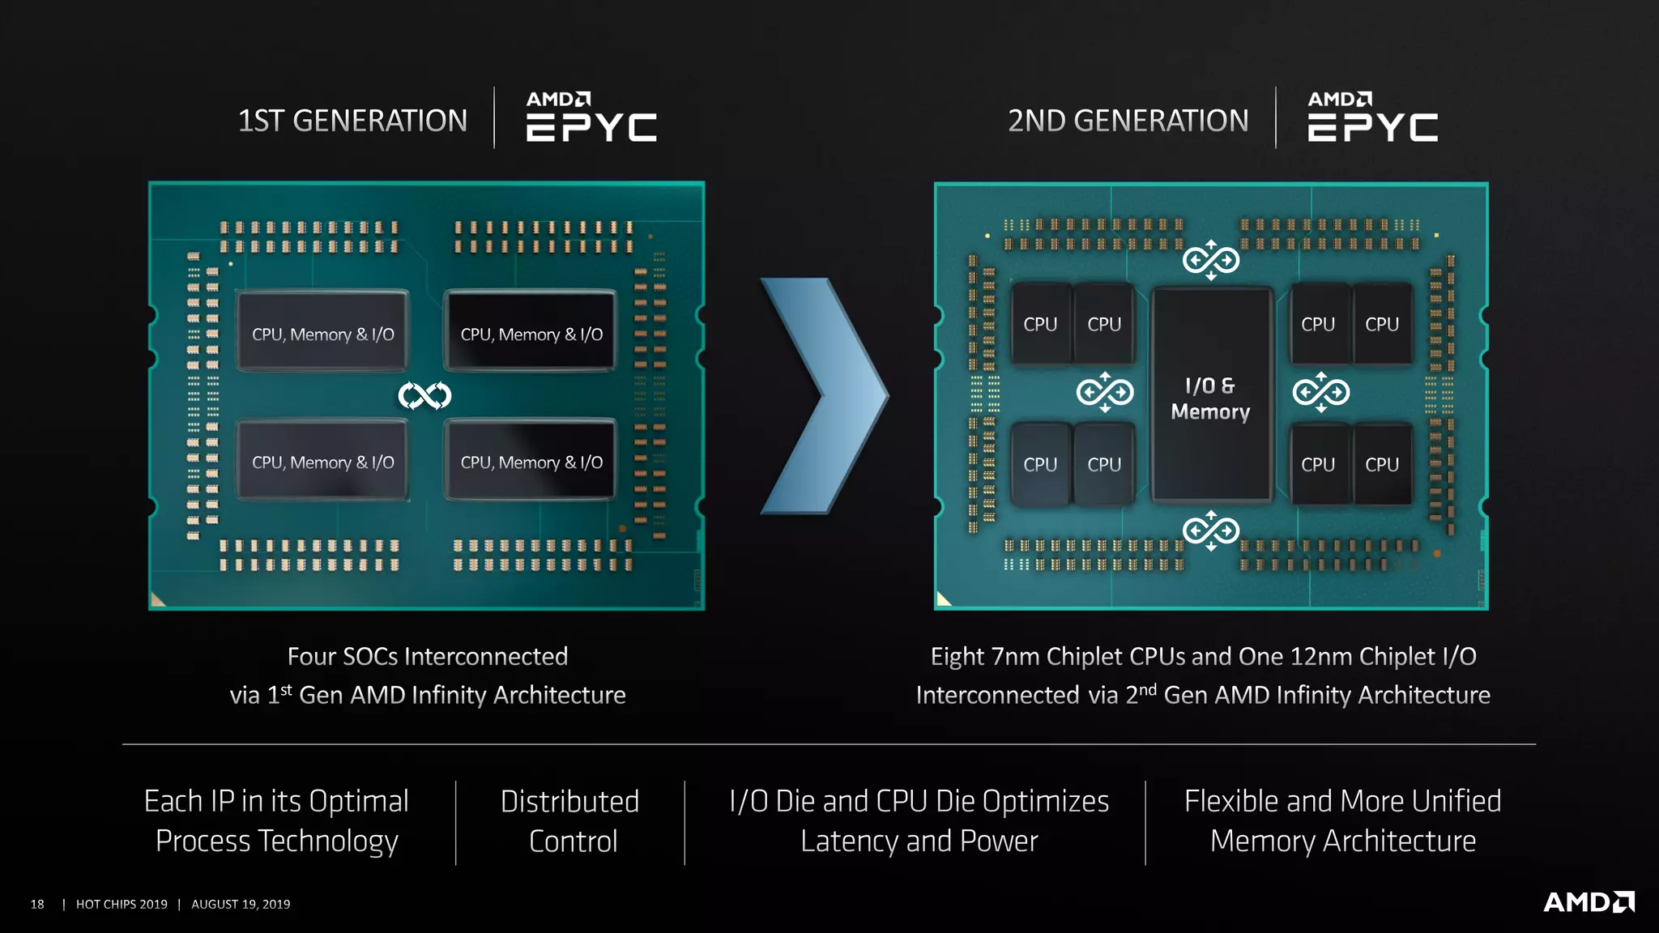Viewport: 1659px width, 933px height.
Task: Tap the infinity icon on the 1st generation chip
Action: [x=424, y=395]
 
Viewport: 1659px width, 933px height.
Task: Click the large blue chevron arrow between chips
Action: [x=825, y=395]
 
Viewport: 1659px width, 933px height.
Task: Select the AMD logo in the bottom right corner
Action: [x=1589, y=902]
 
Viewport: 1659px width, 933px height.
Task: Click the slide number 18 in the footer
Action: [x=37, y=904]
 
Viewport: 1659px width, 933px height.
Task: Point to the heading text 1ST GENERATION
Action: [x=352, y=121]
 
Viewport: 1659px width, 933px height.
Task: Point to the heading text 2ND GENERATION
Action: [x=1128, y=121]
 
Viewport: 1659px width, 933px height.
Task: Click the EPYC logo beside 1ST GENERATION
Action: [x=591, y=117]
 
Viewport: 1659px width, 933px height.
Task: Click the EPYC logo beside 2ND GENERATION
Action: [x=1372, y=117]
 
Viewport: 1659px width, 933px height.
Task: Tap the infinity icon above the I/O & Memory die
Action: [x=1210, y=260]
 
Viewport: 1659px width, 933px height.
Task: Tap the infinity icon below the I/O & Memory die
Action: [x=1210, y=530]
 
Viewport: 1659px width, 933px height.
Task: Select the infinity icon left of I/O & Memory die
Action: [x=1104, y=393]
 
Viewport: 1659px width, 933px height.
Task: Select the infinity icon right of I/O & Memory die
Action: [x=1320, y=393]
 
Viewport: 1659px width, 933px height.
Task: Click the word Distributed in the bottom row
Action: [x=569, y=801]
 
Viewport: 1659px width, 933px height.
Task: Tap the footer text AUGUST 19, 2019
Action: [x=241, y=904]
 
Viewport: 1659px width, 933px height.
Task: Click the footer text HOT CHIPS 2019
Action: [x=122, y=904]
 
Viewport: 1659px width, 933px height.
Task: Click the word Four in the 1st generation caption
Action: [x=311, y=656]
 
